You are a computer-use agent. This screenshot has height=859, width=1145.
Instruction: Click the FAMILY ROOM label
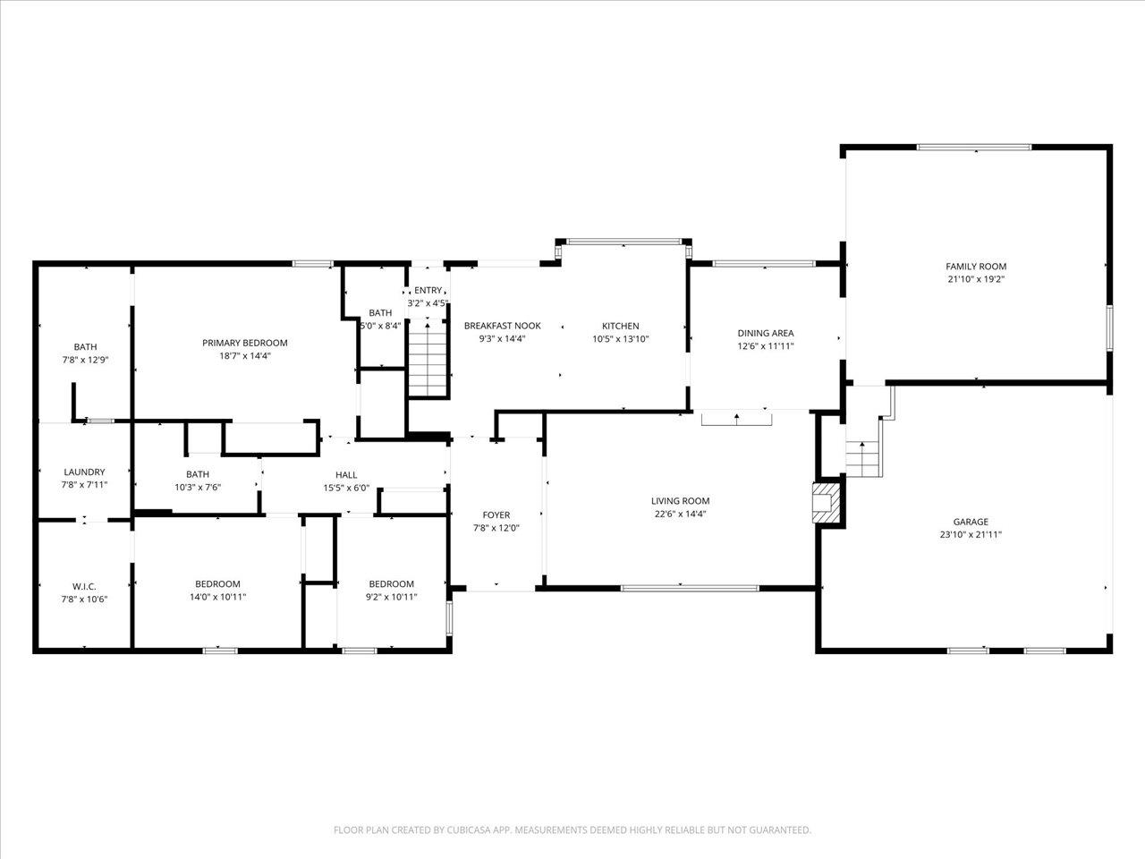[976, 267]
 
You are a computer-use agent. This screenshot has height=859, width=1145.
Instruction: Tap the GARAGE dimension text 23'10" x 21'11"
[971, 534]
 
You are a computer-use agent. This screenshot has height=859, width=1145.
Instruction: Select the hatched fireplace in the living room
[827, 503]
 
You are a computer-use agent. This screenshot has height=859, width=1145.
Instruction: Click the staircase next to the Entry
[428, 360]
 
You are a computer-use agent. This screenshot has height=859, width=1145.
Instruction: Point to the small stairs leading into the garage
[863, 459]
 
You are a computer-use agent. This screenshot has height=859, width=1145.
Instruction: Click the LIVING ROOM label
[680, 501]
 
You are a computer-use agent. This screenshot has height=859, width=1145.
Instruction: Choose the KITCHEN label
[620, 326]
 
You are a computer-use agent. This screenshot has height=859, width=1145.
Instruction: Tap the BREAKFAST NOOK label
[503, 326]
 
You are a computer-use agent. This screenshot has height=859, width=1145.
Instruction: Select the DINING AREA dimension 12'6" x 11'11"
[765, 345]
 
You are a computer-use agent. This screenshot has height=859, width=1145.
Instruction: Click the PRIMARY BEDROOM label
[244, 343]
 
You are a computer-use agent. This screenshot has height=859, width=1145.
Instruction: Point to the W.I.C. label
[84, 586]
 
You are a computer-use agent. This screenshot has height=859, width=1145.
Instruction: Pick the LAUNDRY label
[84, 472]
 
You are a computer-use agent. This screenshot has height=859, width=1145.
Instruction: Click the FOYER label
[496, 515]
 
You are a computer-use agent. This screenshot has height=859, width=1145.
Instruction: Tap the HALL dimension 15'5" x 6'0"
[346, 489]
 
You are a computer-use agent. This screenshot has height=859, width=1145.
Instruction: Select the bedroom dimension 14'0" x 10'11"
[217, 597]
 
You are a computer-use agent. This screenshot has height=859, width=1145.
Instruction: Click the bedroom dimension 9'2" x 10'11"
[391, 597]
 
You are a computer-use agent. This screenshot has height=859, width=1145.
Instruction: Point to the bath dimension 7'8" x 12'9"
[84, 360]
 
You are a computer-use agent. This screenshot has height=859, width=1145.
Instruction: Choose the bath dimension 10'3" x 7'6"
[197, 487]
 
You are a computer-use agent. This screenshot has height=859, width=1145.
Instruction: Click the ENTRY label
[428, 290]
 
